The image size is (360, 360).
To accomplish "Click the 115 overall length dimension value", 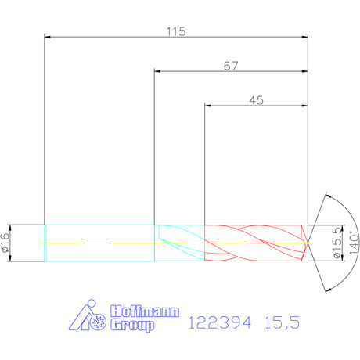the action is (x=176, y=31).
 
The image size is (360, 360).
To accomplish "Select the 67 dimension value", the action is (x=231, y=66).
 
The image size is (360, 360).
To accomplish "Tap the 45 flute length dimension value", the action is (x=257, y=100).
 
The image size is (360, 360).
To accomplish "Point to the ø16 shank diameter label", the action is (x=5, y=243).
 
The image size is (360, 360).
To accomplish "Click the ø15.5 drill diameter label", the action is (x=337, y=243).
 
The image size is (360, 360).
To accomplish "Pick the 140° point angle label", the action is (x=354, y=243).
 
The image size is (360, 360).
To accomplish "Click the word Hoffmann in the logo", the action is (x=145, y=311).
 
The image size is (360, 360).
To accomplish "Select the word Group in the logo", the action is (x=132, y=326).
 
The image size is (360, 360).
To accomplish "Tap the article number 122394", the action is (x=220, y=322).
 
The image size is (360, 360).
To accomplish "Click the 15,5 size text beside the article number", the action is (x=282, y=323).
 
